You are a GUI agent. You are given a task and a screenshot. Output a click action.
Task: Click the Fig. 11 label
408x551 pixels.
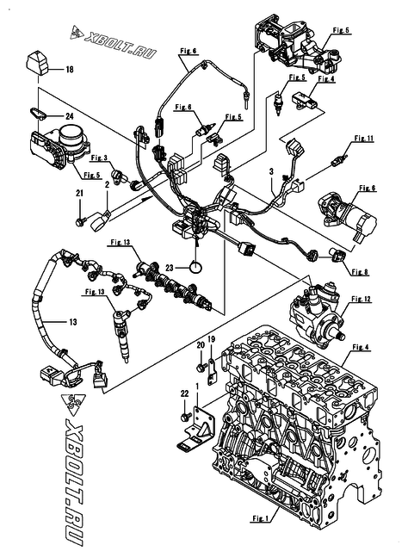(x=365, y=138)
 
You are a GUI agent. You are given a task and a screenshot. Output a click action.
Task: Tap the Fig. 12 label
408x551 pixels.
(x=362, y=299)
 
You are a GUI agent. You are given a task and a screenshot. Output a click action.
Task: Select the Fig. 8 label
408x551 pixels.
(x=361, y=271)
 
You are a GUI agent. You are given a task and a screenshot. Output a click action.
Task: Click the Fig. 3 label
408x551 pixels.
(x=98, y=158)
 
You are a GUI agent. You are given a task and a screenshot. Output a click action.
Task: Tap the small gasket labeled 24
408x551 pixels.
(x=40, y=111)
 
